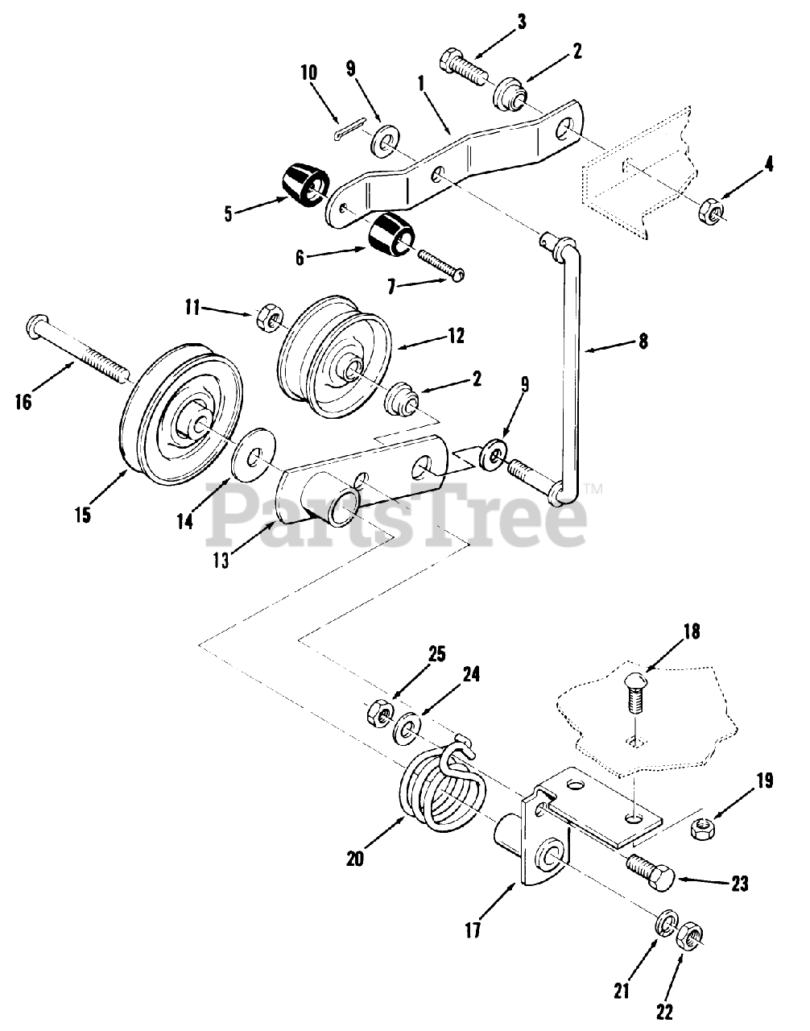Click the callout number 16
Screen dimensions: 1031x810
pyautogui.click(x=23, y=400)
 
